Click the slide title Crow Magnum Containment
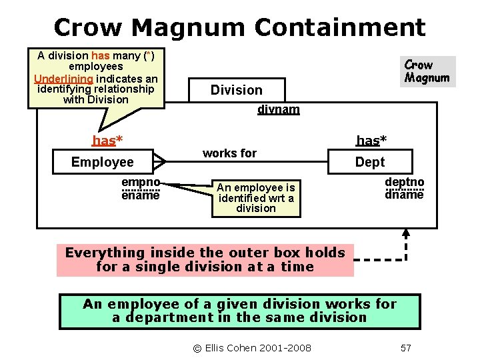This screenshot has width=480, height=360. (x=239, y=27)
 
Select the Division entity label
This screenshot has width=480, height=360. (x=236, y=90)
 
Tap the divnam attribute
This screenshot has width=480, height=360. (x=278, y=109)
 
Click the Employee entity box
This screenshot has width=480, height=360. (x=103, y=162)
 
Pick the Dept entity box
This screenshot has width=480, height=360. (x=370, y=162)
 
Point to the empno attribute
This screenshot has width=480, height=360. (x=140, y=182)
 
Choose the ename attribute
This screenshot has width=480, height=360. (x=140, y=195)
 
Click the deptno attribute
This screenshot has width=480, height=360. (x=404, y=182)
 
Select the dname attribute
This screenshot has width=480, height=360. (x=404, y=195)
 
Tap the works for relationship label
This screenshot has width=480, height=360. (x=229, y=153)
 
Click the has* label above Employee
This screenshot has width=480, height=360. (x=107, y=140)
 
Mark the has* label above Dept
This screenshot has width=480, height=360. (x=371, y=140)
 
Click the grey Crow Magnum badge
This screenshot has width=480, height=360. (x=427, y=71)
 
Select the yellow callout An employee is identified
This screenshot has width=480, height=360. (x=256, y=198)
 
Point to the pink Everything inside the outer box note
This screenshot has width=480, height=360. (x=205, y=260)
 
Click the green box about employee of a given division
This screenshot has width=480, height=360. (x=239, y=311)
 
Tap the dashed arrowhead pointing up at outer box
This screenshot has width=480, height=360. (x=406, y=234)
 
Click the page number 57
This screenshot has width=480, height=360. (x=405, y=348)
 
